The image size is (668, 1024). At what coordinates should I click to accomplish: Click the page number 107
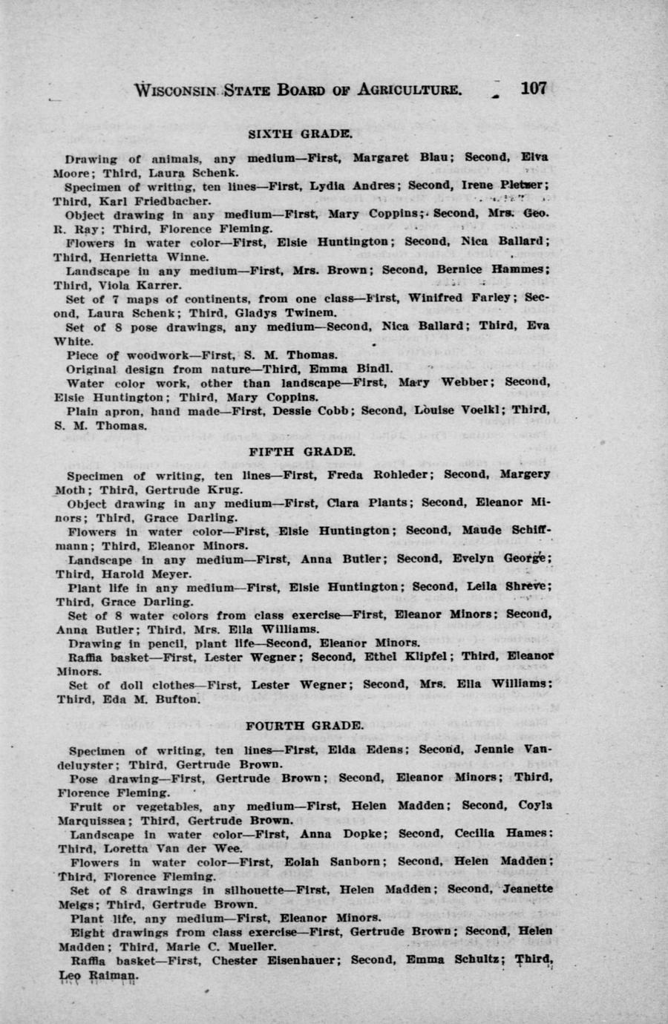point(533,88)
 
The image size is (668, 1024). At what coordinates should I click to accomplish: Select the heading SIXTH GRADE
point(299,134)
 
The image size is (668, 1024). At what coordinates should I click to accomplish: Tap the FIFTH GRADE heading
point(301,451)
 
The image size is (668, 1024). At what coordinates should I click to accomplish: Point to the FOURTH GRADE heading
point(304,725)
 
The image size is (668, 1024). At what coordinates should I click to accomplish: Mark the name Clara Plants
point(369,502)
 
